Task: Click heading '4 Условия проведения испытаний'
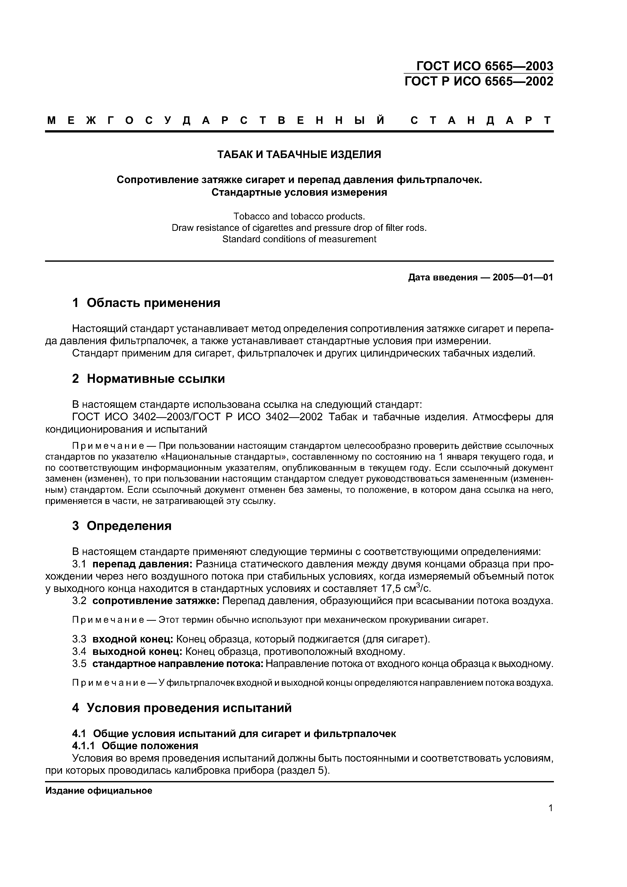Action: (182, 708)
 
